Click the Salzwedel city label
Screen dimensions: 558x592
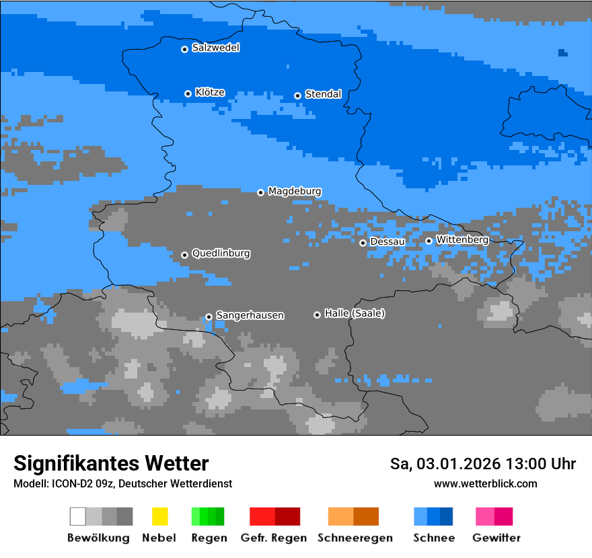[215, 48]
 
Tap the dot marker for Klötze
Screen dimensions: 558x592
[188, 93]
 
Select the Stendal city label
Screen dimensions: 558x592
[323, 94]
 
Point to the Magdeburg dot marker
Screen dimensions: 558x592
[260, 192]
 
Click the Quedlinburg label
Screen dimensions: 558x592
[221, 253]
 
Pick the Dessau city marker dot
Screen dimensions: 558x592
[363, 243]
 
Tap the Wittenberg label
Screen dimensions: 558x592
[462, 239]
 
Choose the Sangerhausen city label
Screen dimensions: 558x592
[250, 315]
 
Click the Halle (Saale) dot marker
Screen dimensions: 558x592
[317, 315]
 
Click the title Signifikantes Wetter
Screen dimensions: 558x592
[111, 464]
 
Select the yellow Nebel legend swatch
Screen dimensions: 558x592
[159, 516]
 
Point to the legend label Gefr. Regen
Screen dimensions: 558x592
[273, 538]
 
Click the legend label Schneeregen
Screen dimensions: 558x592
[355, 538]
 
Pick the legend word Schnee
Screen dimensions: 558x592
[434, 538]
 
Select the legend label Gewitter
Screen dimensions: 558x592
[496, 538]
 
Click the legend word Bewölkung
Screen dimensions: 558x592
[98, 538]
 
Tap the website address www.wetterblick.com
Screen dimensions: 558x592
[486, 484]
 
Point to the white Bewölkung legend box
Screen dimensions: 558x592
[78, 516]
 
